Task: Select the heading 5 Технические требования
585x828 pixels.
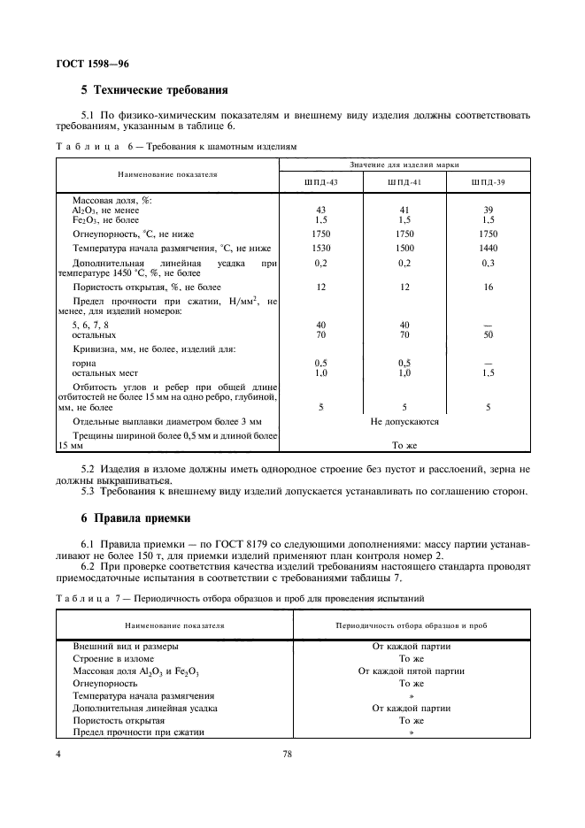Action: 155,90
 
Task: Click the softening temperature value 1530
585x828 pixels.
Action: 320,249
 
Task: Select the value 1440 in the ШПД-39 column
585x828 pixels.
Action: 488,249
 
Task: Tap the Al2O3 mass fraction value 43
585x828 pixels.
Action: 320,210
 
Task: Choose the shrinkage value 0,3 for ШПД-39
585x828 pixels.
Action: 488,264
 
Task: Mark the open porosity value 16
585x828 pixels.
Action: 488,287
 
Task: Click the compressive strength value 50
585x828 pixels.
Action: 488,335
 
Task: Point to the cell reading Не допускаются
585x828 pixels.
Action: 404,422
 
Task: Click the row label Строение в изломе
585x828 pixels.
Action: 113,658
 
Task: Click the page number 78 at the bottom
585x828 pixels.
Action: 287,755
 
